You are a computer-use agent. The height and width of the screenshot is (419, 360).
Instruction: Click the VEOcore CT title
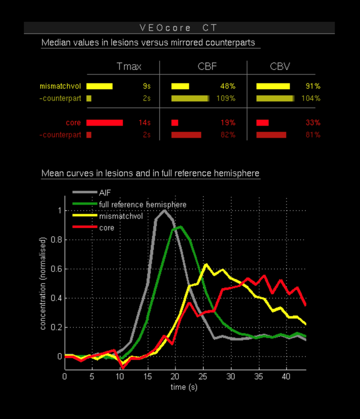coord(179,27)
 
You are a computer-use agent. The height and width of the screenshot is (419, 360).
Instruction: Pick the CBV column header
coord(280,66)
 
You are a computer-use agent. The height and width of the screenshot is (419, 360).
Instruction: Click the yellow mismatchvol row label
coord(60,86)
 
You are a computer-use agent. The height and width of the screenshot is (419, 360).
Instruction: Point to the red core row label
coord(73,123)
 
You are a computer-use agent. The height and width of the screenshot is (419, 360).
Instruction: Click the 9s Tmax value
coord(146,86)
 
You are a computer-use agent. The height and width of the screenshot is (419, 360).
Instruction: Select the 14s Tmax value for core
coord(144,123)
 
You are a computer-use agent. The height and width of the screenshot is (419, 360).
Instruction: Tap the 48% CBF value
coord(228,86)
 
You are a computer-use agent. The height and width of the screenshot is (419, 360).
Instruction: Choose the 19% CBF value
coord(228,123)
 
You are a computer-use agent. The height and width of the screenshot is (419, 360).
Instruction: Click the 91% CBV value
coord(313,86)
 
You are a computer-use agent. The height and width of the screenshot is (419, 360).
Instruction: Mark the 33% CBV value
coord(313,123)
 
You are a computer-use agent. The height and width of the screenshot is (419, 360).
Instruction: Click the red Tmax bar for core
coord(104,123)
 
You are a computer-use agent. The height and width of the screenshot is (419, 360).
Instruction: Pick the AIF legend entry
coord(105,193)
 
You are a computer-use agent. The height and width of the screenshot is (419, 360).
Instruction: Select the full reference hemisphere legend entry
coord(142,204)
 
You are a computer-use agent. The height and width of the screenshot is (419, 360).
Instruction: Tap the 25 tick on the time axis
coord(203,377)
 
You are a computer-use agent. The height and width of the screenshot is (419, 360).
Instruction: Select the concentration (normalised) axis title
coord(44,283)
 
